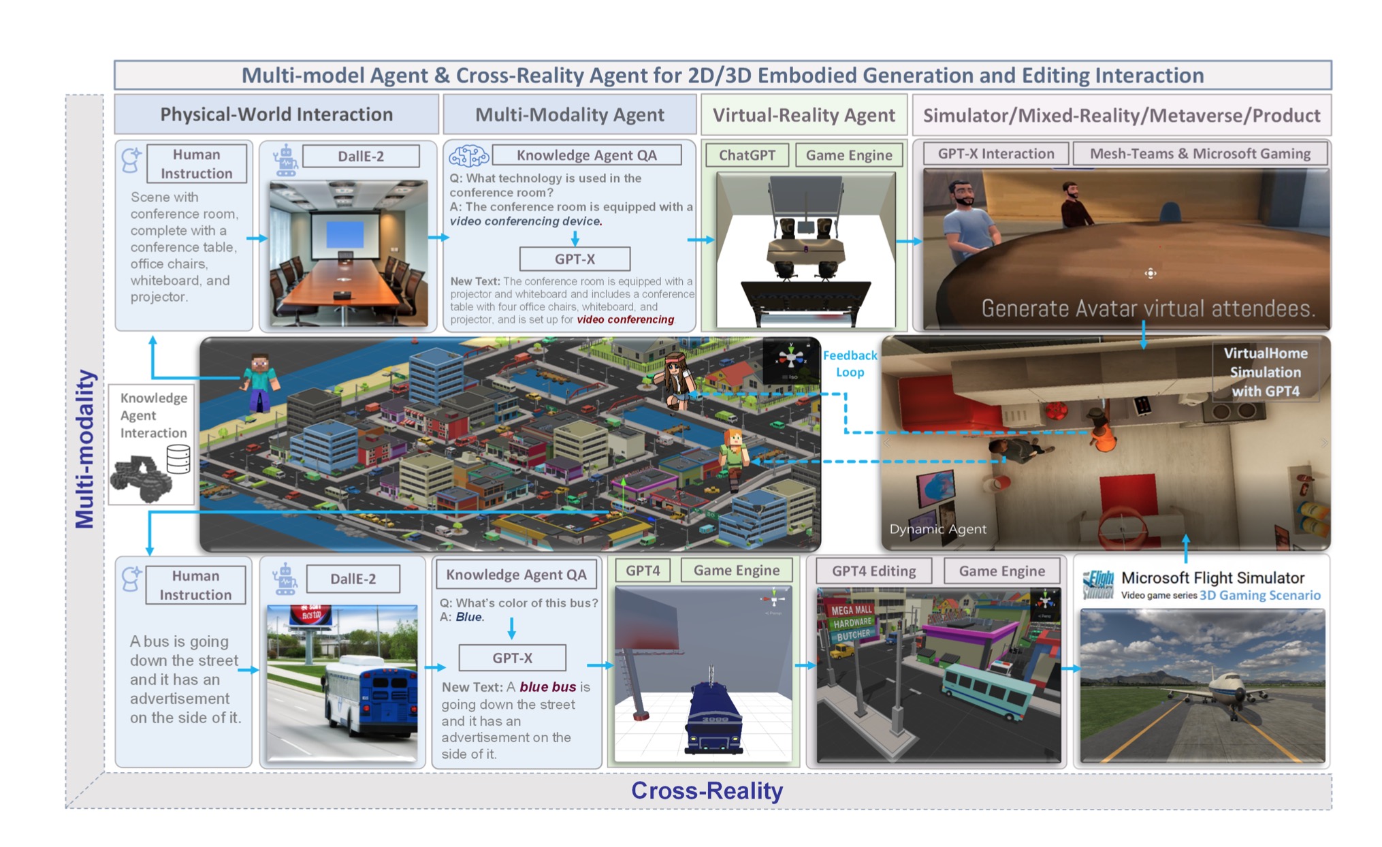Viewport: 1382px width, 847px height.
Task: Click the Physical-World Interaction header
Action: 276,114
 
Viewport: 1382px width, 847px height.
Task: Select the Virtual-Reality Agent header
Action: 803,115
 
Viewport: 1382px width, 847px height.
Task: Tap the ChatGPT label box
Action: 747,155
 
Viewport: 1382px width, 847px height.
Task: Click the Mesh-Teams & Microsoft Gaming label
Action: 1200,154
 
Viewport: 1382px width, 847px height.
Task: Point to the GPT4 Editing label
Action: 873,571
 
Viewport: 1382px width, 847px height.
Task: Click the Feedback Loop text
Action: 850,364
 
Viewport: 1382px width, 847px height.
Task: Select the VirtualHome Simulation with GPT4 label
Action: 1265,372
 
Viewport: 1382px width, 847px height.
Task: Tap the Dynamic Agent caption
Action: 937,529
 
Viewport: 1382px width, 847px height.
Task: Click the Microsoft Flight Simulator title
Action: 1212,578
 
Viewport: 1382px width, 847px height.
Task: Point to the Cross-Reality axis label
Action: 707,790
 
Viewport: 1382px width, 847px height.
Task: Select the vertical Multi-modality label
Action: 85,449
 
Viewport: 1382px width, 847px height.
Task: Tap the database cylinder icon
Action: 178,459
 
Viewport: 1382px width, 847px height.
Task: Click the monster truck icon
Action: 141,478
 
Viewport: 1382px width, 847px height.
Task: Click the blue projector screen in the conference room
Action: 345,235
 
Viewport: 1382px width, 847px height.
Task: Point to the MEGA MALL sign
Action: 851,610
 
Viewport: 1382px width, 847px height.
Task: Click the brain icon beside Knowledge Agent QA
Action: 468,156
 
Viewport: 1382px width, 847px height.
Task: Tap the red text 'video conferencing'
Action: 625,320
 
